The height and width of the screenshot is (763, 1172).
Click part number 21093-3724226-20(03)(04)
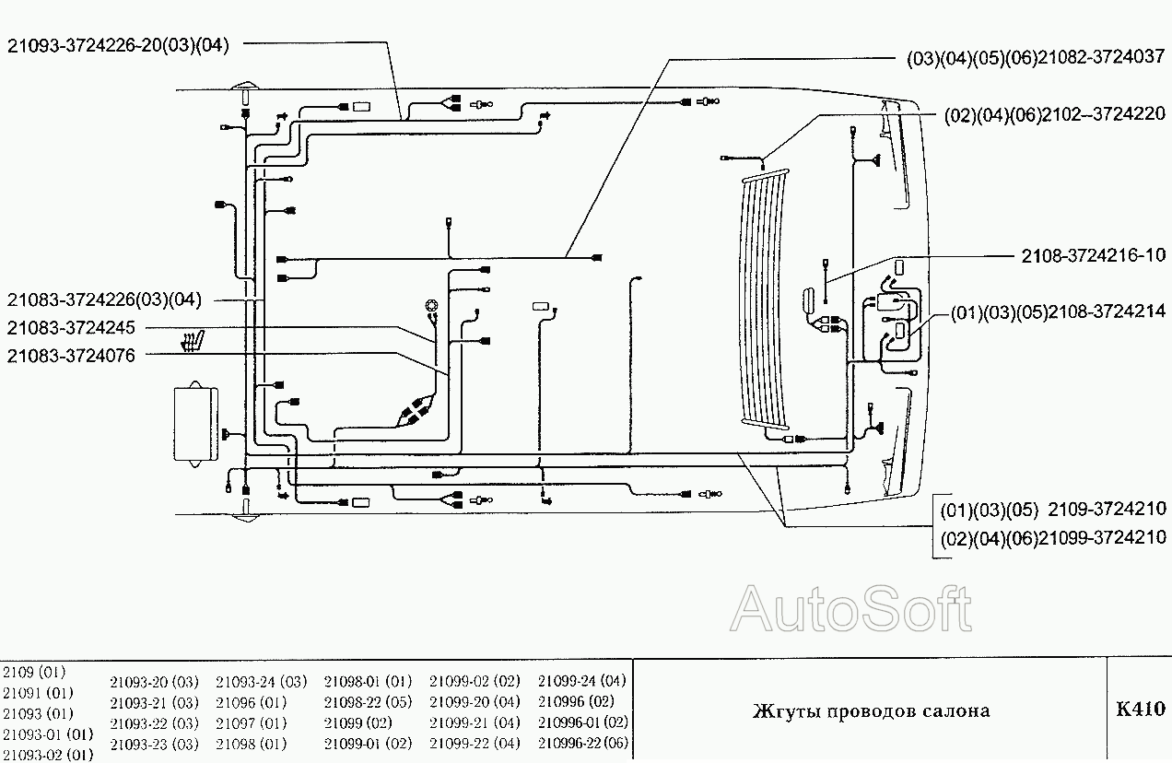tap(118, 44)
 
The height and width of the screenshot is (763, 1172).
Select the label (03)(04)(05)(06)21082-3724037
tap(1036, 58)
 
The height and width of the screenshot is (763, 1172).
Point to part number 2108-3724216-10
tap(1093, 254)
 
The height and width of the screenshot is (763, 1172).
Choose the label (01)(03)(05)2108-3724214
tap(1058, 312)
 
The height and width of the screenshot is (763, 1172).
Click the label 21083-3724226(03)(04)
tap(103, 299)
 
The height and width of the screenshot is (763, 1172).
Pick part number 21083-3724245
tap(71, 327)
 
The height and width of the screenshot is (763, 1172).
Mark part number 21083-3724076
tap(71, 355)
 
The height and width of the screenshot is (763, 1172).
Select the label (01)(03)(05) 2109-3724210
tap(1052, 510)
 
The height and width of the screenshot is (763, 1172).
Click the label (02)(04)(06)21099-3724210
tap(1052, 537)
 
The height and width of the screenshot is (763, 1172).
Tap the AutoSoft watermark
tap(851, 609)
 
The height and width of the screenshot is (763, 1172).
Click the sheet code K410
tap(1140, 710)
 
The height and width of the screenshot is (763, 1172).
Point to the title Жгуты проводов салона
tap(871, 710)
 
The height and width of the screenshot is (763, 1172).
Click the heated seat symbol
tap(193, 340)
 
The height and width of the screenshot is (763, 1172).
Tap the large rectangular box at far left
tap(195, 424)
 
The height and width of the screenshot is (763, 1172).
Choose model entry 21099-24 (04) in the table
tap(581, 682)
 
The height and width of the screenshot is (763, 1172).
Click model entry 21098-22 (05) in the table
tap(368, 702)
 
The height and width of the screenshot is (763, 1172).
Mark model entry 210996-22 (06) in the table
tap(582, 743)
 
